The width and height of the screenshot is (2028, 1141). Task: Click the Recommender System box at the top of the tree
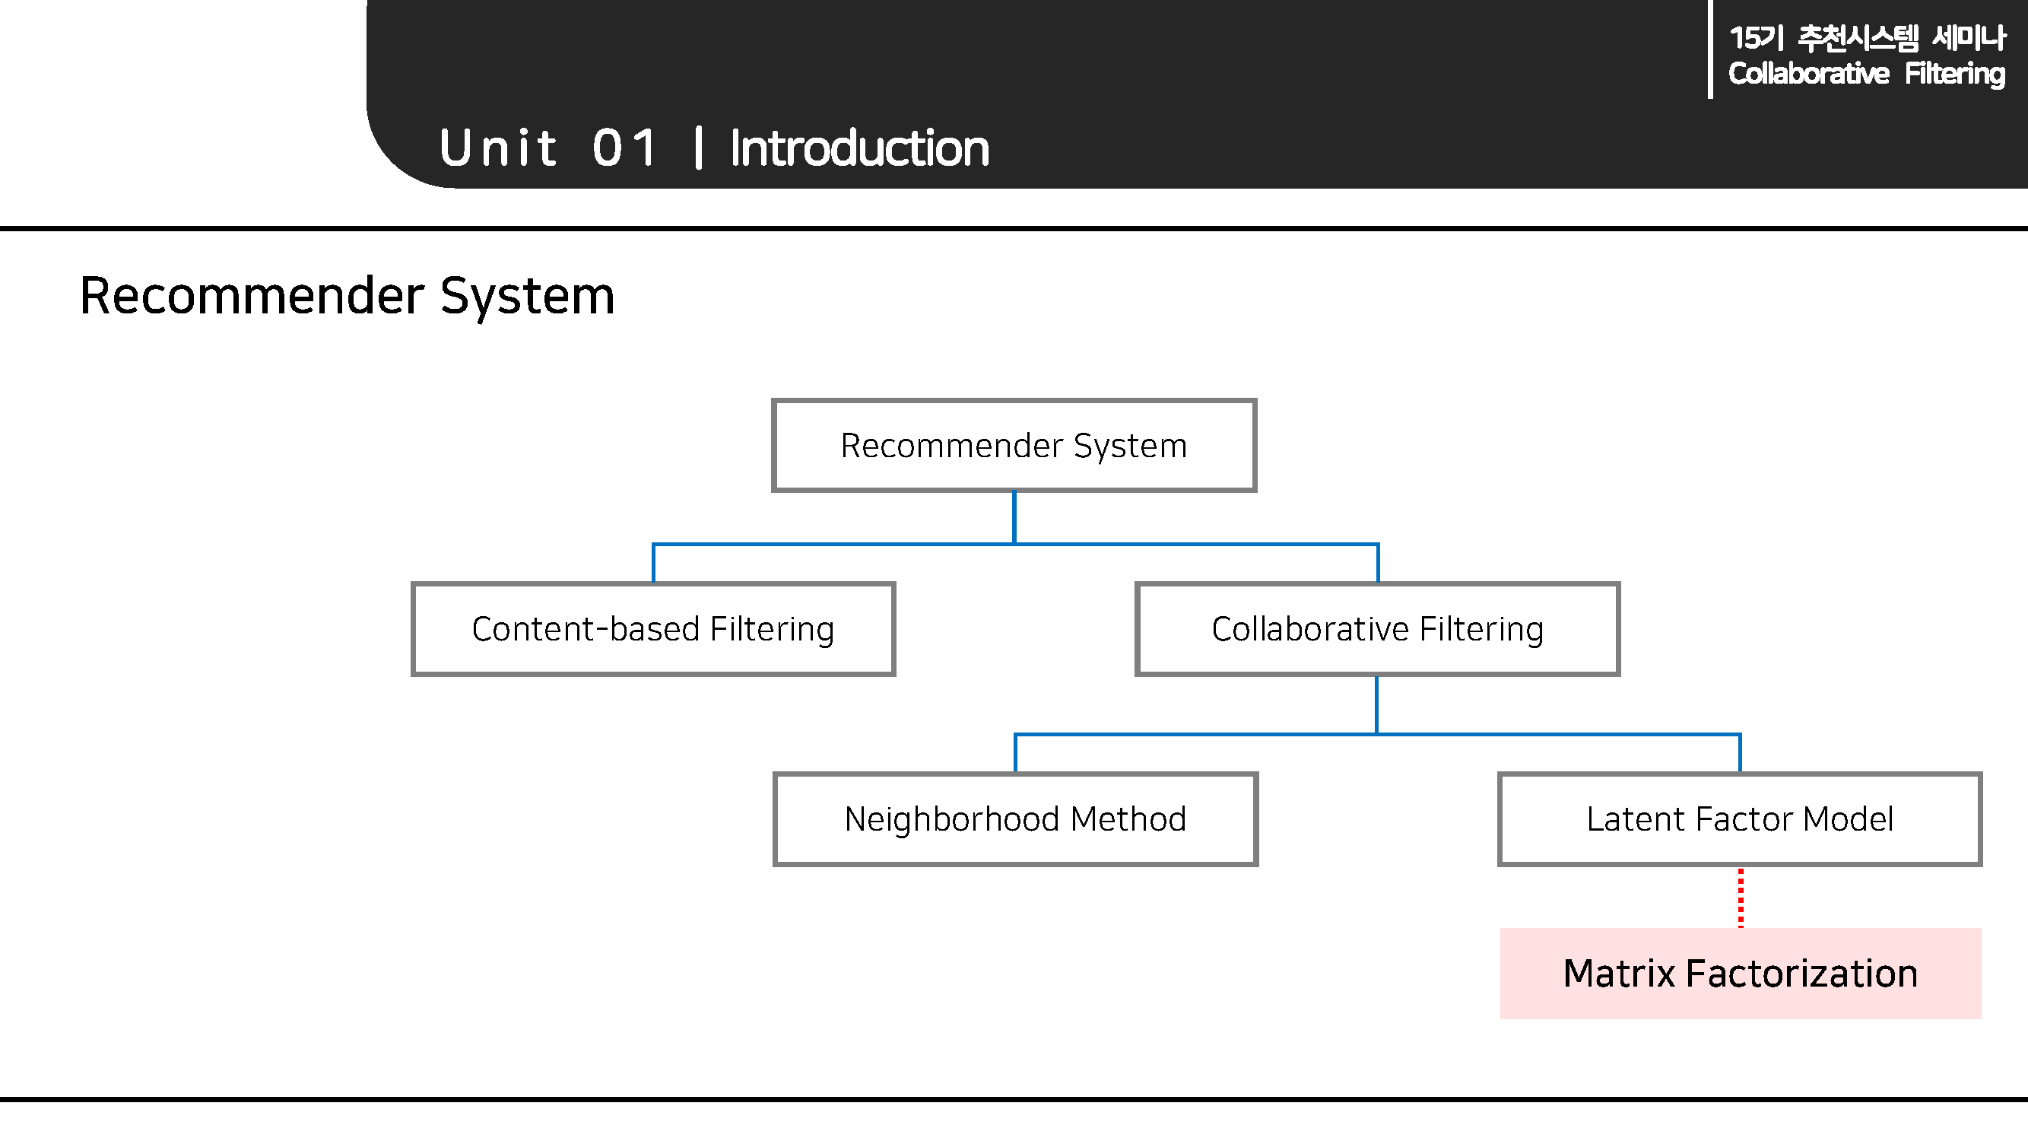pyautogui.click(x=1014, y=445)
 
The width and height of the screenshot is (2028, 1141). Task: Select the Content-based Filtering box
pyautogui.click(x=652, y=628)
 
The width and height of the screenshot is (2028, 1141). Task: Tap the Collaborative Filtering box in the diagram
pyautogui.click(x=1377, y=628)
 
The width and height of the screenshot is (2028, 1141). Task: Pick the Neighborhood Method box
pyautogui.click(x=1015, y=819)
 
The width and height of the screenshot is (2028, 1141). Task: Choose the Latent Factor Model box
pyautogui.click(x=1739, y=819)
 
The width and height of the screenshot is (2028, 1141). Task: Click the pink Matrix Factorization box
pyautogui.click(x=1740, y=974)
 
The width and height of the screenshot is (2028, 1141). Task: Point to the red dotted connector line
pyautogui.click(x=1741, y=898)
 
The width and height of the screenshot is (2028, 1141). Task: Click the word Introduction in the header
pyautogui.click(x=859, y=148)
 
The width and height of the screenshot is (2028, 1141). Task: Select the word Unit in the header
pyautogui.click(x=498, y=148)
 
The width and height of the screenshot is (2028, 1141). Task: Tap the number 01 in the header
pyautogui.click(x=625, y=148)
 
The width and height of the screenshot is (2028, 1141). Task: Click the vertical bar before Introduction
pyautogui.click(x=698, y=148)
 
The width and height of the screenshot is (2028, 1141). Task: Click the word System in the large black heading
pyautogui.click(x=527, y=296)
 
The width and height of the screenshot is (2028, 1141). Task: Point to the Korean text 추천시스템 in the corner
pyautogui.click(x=1858, y=38)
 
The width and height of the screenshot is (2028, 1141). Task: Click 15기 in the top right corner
pyautogui.click(x=1756, y=38)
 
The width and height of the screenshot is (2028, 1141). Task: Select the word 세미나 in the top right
pyautogui.click(x=1969, y=38)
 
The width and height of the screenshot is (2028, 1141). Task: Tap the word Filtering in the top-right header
pyautogui.click(x=1954, y=74)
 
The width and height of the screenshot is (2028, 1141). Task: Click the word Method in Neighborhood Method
pyautogui.click(x=1128, y=819)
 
